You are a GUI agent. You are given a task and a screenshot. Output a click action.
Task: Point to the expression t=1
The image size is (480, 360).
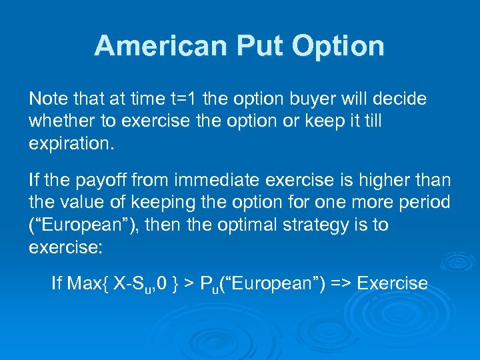(x=182, y=99)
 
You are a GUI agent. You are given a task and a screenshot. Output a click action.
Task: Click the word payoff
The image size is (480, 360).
(x=97, y=180)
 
